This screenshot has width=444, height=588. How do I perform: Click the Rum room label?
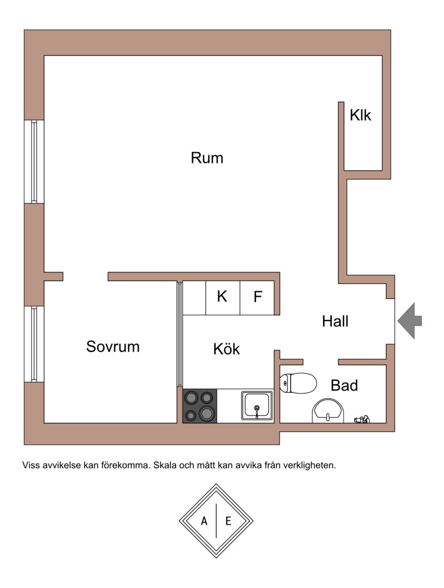point(206,158)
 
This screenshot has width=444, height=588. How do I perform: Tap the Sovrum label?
point(113,346)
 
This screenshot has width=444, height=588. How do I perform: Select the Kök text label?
point(226,349)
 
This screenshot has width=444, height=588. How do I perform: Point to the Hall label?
point(335,321)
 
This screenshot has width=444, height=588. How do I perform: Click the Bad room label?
point(344,385)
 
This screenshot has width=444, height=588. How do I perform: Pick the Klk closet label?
point(360,114)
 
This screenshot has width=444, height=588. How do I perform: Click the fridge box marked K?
point(223,298)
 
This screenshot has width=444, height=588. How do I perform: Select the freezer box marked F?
point(257,298)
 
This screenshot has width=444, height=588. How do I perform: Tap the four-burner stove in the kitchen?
point(200,406)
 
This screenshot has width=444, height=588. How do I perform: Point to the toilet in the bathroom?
point(299,383)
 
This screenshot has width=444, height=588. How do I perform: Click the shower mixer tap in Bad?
point(362,419)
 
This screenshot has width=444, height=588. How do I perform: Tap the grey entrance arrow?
point(410,321)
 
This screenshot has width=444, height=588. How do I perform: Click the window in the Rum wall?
point(34,162)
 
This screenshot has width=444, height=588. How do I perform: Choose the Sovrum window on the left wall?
point(34,344)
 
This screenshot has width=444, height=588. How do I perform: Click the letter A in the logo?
point(204,521)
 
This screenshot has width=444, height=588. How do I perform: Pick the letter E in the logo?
point(228,521)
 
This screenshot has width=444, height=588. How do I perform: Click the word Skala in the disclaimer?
point(165,466)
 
